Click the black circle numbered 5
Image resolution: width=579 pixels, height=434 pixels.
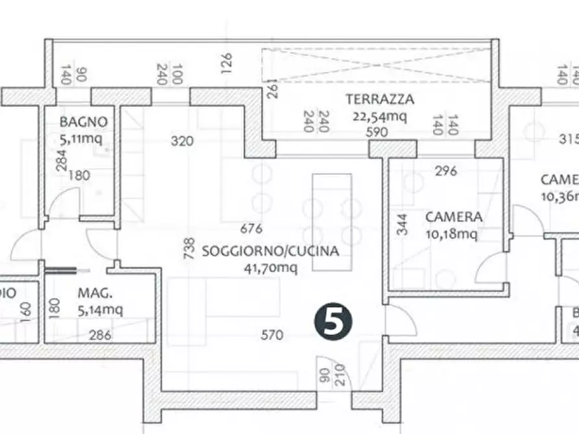coord(335,322)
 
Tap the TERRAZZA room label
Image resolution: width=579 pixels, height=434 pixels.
coord(380,100)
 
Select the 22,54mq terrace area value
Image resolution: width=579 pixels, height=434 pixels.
coord(380,117)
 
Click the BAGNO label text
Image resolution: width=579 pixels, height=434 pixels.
coord(83,122)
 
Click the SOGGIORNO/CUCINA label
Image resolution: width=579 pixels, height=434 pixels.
coord(270,251)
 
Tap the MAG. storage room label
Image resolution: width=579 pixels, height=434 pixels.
coord(92,293)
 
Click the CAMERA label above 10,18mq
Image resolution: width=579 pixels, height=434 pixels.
coord(454,217)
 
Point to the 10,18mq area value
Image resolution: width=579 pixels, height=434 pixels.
coord(451,234)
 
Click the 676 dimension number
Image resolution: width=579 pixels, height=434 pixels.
coord(251,228)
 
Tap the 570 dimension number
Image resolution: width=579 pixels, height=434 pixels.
coord(272,335)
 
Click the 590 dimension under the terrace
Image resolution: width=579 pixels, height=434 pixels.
coord(376,132)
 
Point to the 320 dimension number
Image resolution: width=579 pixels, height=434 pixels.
coord(182,141)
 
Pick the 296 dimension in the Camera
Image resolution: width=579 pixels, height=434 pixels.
coord(446,171)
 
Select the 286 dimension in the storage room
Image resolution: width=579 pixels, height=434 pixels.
coord(100,335)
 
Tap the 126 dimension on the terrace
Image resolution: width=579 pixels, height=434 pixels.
coord(226,63)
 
